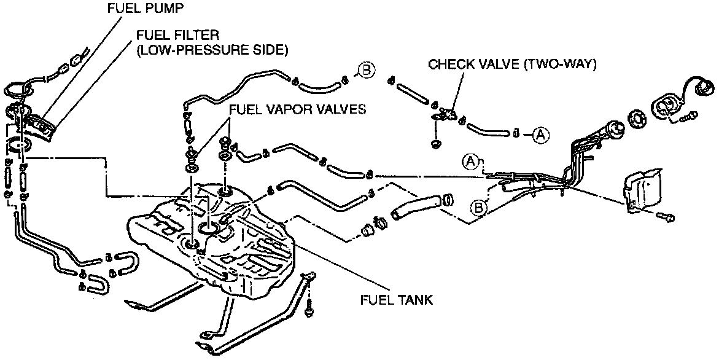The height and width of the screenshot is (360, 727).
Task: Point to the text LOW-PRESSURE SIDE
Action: point(212,50)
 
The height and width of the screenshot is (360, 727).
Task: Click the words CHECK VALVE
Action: point(472,64)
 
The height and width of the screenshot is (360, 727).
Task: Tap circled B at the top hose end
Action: point(367,71)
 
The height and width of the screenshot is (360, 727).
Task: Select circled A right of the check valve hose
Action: point(540,133)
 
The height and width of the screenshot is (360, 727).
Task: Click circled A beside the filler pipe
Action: point(470,162)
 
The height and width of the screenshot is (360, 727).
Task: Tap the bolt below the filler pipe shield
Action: point(667,217)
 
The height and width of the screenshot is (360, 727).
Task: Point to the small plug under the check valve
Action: point(437,144)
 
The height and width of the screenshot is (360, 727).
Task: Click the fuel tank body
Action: point(246,246)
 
